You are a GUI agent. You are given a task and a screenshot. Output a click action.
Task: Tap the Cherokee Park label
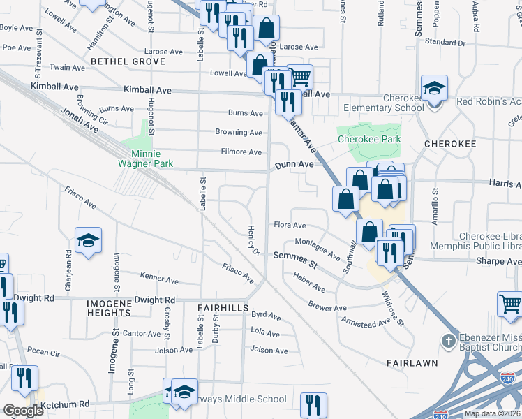(x=369, y=139)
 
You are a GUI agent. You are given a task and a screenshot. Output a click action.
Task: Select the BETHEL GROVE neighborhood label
(x=127, y=61)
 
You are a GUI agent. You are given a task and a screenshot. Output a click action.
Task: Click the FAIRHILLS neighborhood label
(x=223, y=307)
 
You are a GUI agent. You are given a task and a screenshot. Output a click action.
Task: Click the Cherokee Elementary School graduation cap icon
(x=434, y=89)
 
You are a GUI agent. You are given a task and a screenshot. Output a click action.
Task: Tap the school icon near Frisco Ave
(x=89, y=241)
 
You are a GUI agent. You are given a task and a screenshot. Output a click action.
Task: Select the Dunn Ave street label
(x=293, y=165)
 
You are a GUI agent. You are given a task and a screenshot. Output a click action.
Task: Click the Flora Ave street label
(x=290, y=226)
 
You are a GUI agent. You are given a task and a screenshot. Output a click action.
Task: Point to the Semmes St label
(x=294, y=257)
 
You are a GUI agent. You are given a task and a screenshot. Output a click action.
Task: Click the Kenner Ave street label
(x=160, y=279)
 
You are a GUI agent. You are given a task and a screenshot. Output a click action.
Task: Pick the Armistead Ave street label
(x=365, y=322)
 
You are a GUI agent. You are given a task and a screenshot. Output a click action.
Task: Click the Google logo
(x=23, y=411)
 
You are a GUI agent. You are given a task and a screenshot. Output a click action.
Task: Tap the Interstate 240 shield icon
(x=509, y=378)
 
